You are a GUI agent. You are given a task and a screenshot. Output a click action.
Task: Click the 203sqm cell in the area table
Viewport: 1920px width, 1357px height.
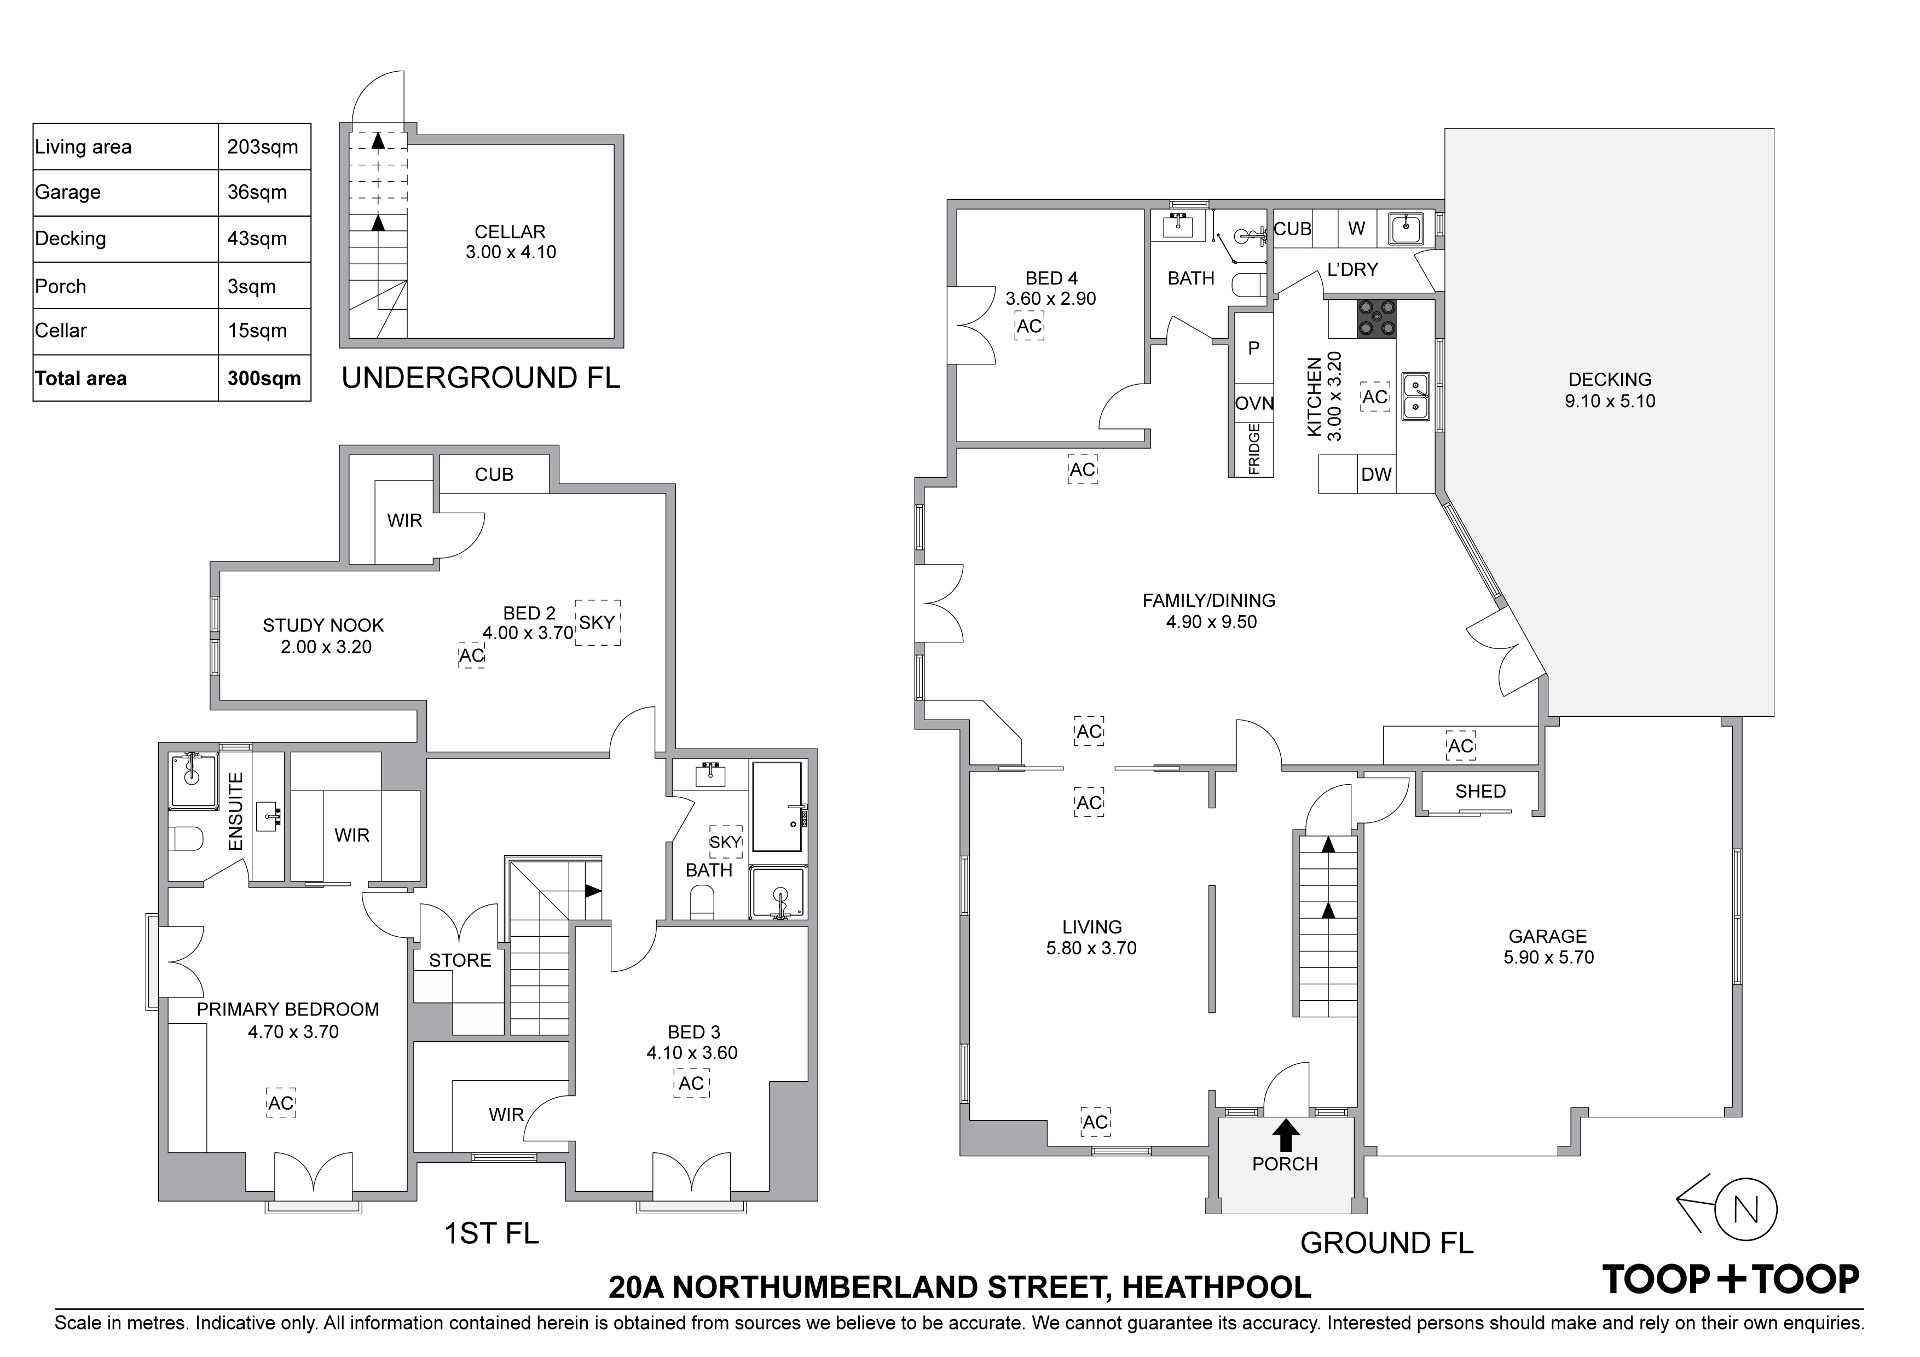click(x=263, y=147)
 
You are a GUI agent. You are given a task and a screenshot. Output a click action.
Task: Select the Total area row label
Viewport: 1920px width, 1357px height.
click(x=81, y=379)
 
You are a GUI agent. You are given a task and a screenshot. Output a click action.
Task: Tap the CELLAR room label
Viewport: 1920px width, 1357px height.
click(x=510, y=231)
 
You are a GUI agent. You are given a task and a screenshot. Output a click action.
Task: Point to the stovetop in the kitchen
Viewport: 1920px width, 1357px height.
click(x=1375, y=320)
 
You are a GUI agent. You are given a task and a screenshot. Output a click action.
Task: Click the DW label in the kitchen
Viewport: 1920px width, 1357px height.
click(x=1375, y=475)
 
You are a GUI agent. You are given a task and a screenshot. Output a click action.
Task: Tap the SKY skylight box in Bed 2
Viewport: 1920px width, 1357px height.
click(x=598, y=622)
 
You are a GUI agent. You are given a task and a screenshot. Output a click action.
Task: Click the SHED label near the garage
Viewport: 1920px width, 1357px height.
click(x=1480, y=791)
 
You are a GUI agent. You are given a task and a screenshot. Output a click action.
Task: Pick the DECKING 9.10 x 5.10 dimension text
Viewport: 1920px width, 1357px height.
click(x=1610, y=401)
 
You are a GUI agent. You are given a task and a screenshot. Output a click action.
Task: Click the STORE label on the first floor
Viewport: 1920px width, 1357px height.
click(x=460, y=961)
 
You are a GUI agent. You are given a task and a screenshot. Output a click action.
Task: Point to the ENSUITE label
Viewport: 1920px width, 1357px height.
click(x=236, y=812)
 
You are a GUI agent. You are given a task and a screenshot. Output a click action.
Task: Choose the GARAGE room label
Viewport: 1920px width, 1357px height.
click(x=1548, y=936)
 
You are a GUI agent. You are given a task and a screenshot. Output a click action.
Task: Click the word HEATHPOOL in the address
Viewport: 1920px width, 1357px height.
click(x=1217, y=1287)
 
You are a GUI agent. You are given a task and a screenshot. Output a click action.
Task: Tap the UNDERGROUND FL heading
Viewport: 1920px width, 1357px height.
click(x=481, y=378)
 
